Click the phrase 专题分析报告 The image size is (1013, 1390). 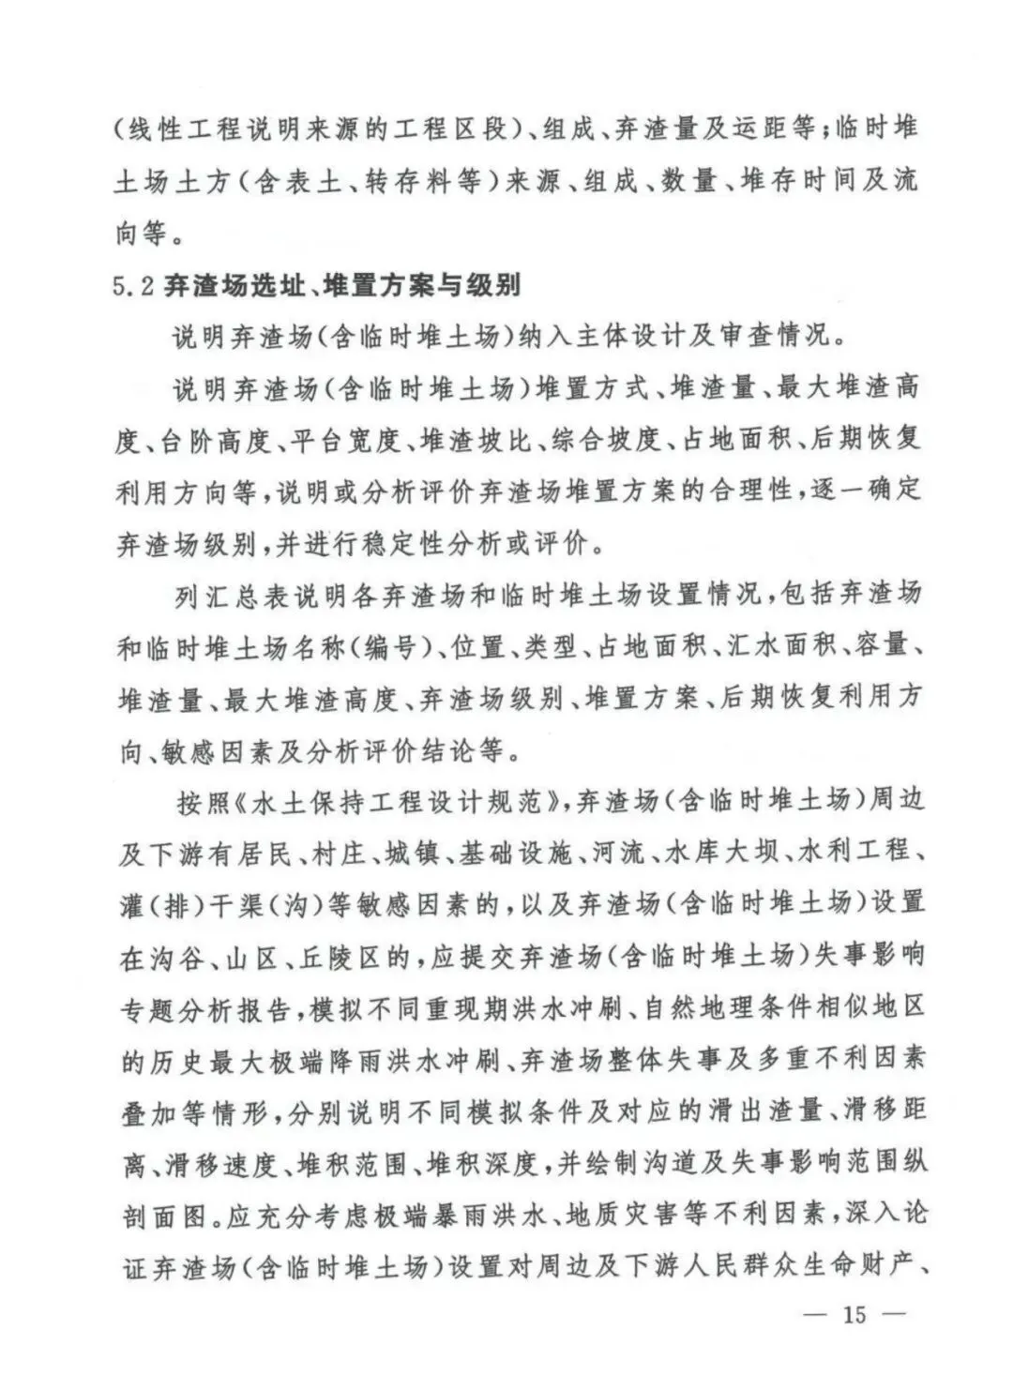click(203, 1006)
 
